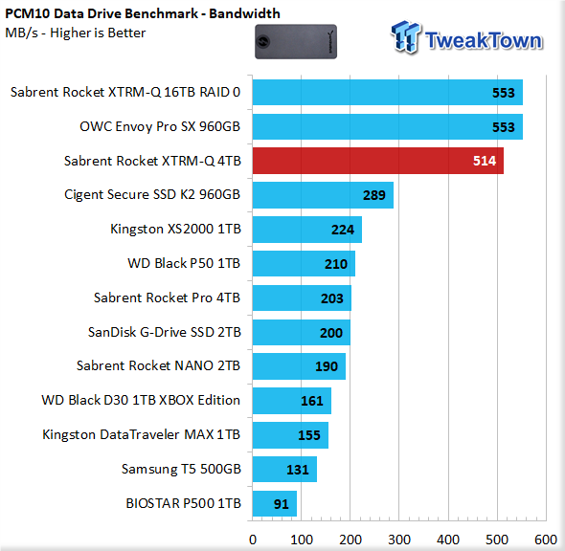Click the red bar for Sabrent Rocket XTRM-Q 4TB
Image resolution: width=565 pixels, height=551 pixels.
[378, 161]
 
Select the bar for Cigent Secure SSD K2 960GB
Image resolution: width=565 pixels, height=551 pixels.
[323, 195]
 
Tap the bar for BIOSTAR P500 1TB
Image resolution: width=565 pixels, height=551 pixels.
[275, 503]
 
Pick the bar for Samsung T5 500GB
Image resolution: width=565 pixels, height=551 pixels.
[284, 470]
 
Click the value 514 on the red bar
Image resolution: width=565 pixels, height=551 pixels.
[485, 161]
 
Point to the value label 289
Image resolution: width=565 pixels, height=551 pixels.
[374, 195]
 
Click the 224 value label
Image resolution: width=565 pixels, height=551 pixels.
[343, 230]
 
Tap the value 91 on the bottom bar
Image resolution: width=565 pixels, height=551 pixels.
[281, 504]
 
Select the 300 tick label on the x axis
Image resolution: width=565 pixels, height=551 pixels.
[399, 540]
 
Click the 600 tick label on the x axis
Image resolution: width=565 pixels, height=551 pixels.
[546, 540]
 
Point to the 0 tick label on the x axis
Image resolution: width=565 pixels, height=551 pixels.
[253, 540]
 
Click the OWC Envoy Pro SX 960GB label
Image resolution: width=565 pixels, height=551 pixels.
[160, 126]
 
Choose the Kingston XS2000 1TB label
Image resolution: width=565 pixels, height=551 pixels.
[175, 229]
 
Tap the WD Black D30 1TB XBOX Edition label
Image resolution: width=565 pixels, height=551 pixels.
[141, 400]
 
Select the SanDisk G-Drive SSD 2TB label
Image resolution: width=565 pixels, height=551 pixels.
[165, 332]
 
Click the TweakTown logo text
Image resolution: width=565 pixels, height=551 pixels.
[484, 40]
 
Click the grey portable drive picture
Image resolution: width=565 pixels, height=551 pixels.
[296, 42]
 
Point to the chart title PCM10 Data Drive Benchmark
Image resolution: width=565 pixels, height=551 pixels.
[102, 13]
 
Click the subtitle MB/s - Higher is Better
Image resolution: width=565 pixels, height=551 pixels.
[76, 33]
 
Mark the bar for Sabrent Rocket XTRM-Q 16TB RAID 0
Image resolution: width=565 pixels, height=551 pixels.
[387, 93]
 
